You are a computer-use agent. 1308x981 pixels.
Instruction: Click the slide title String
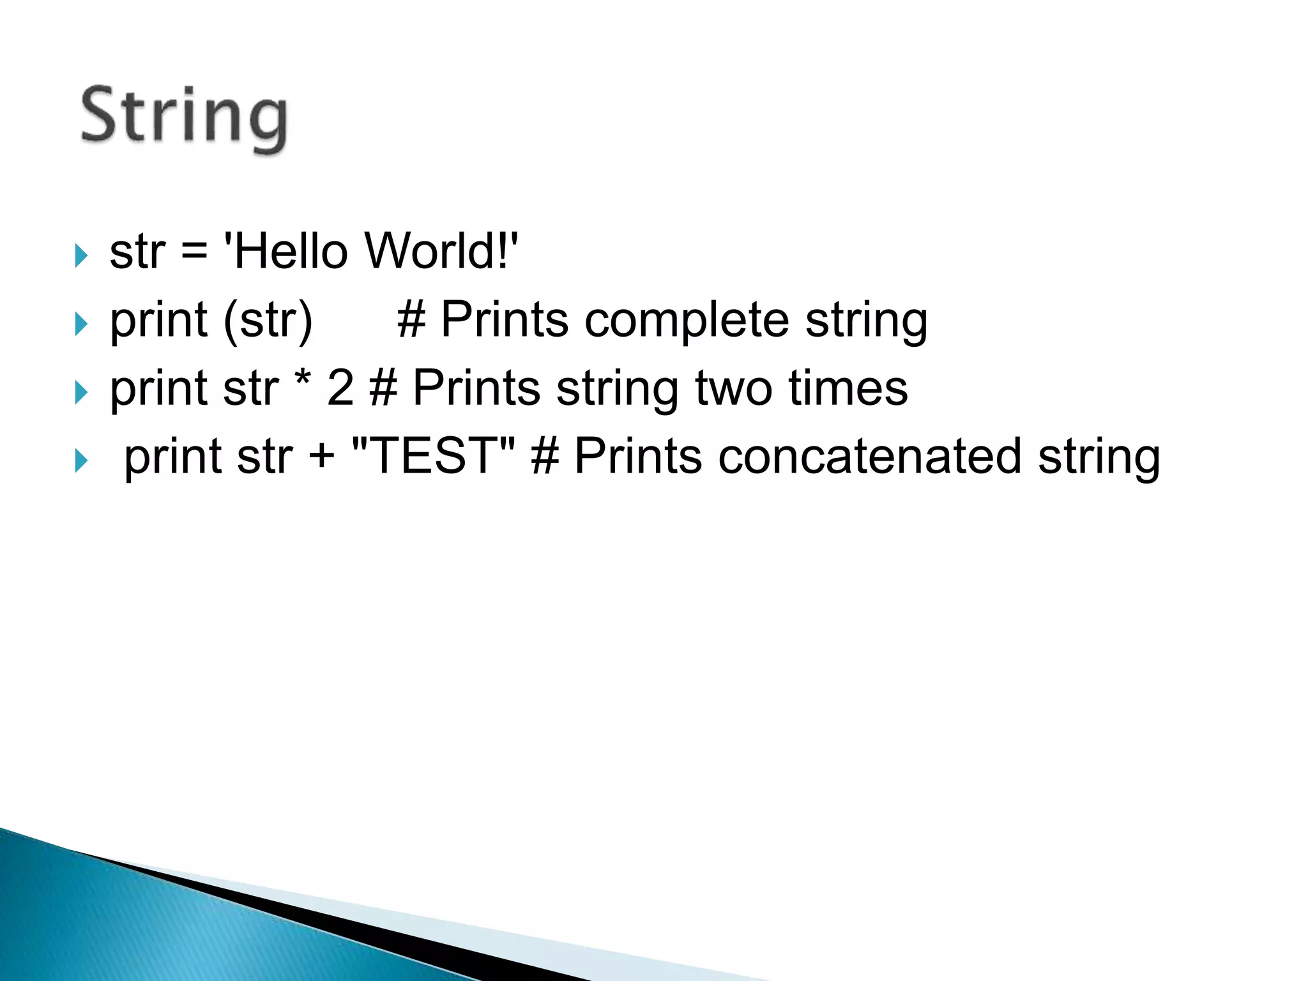click(184, 118)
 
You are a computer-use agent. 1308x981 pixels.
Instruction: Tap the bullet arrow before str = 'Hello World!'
click(80, 255)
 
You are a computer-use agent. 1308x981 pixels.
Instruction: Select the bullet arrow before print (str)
click(80, 324)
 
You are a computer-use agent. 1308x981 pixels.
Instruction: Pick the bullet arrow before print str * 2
click(80, 392)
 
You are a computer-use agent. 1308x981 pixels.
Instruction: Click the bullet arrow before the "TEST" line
click(80, 460)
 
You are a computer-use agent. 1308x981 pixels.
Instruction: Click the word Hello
click(290, 251)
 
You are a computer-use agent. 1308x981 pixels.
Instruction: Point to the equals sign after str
click(194, 252)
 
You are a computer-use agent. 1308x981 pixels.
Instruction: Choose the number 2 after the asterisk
click(340, 388)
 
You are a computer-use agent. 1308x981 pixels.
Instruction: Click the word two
click(734, 388)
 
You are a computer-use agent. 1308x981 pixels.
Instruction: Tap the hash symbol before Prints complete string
click(411, 320)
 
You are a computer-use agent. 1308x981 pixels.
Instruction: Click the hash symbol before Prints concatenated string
click(545, 457)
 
